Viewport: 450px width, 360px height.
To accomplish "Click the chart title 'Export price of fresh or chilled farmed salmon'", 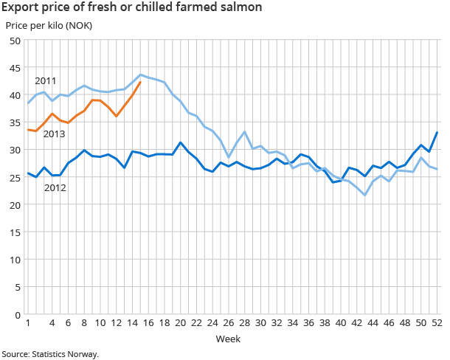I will (131, 8).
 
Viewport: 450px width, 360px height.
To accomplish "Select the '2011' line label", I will (46, 80).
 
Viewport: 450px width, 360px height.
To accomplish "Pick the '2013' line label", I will (55, 134).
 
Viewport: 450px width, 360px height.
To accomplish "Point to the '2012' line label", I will (55, 188).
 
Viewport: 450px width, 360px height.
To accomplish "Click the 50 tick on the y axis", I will (15, 41).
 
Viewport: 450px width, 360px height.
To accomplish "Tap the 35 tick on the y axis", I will (15, 122).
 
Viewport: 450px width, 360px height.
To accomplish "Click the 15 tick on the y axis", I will (15, 232).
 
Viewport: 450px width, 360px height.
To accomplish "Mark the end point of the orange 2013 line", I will (140, 82).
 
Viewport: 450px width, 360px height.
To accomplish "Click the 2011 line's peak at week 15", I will (141, 75).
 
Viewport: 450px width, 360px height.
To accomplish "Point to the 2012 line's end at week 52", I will (437, 133).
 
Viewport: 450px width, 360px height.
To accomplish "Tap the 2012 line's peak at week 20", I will (181, 142).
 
